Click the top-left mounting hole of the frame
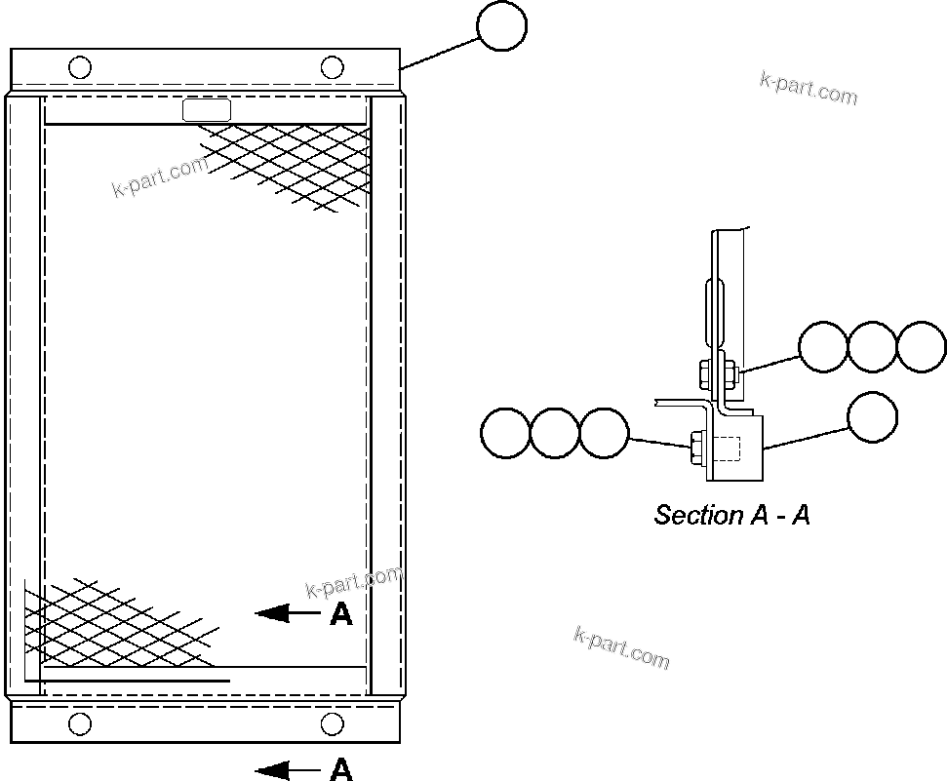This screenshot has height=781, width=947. coord(81,67)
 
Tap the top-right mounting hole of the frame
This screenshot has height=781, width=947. coord(333,67)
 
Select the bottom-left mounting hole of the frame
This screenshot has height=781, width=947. coord(81,723)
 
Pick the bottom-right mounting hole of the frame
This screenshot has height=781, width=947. coord(333,723)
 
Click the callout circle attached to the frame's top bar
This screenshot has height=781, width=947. coord(502,26)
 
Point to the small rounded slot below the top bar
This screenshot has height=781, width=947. coord(207,110)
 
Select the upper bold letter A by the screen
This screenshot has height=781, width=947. coord(340,614)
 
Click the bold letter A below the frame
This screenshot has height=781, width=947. coord(340,770)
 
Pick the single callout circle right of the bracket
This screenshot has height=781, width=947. coord(872,417)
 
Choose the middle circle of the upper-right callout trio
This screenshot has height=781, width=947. coord(872,347)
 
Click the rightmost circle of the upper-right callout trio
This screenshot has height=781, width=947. coord(921,347)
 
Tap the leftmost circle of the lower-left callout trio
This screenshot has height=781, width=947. coord(506,433)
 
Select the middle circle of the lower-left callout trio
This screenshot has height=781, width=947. coord(555,433)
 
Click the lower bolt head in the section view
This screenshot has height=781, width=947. coord(696,449)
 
